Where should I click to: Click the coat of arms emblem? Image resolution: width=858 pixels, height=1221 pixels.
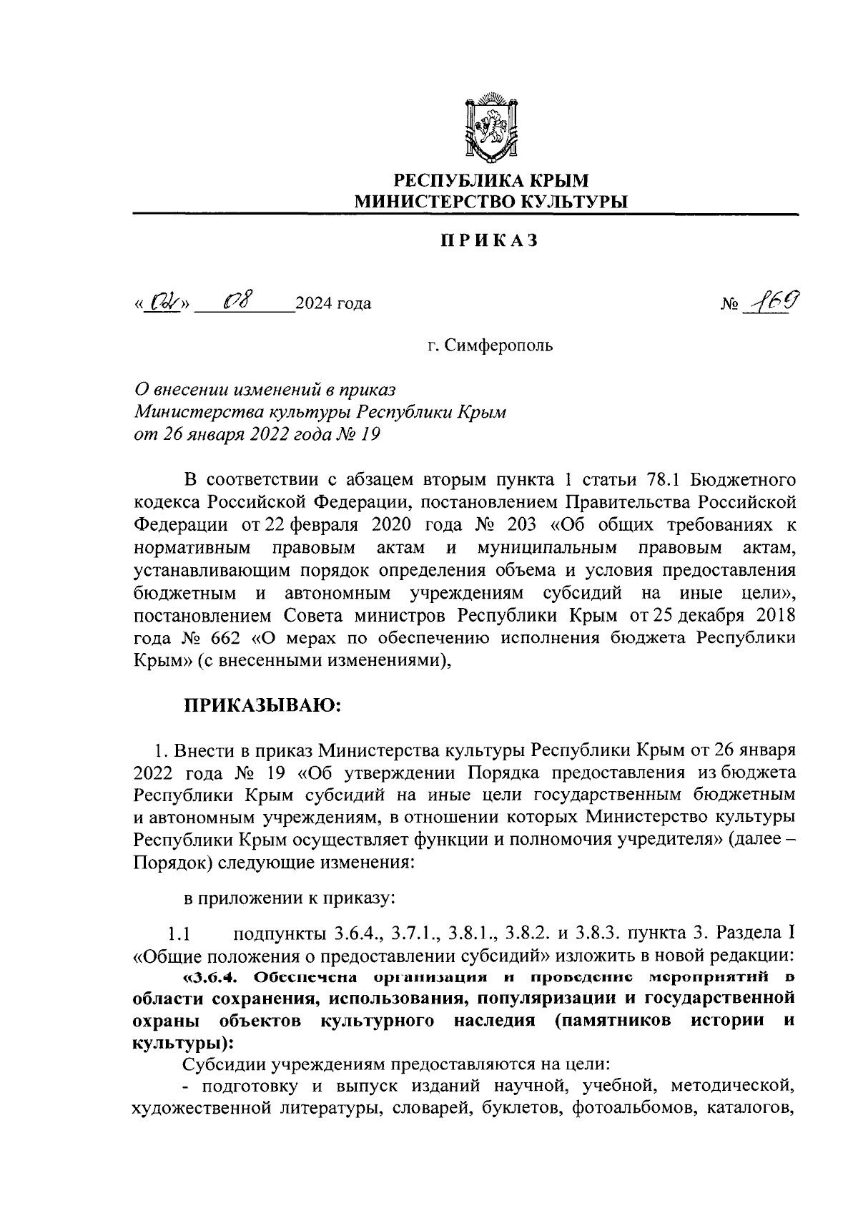[490, 127]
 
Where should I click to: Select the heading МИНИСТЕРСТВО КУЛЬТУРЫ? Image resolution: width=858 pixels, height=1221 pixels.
[491, 202]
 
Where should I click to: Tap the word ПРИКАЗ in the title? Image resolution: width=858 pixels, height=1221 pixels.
[488, 241]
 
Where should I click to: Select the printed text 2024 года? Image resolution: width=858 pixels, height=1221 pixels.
[333, 304]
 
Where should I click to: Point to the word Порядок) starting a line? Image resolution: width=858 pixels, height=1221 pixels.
[171, 863]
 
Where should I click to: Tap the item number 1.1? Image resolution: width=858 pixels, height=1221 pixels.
[177, 934]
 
